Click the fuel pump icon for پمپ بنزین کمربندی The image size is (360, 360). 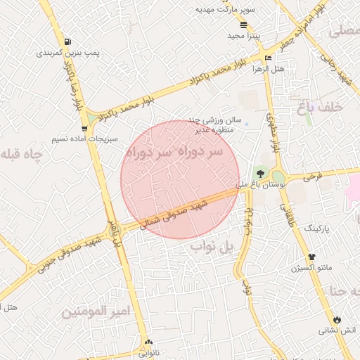point(67,41)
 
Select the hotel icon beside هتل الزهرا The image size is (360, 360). point(268,58)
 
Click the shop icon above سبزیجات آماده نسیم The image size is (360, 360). point(84,128)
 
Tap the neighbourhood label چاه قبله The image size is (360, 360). point(22,154)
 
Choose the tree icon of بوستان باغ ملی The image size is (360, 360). point(259,172)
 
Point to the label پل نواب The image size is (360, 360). point(212,249)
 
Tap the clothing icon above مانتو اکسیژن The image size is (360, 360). point(311,257)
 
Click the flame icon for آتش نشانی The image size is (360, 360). point(337,319)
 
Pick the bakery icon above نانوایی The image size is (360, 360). point(148,342)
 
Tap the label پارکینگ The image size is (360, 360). point(316,229)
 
